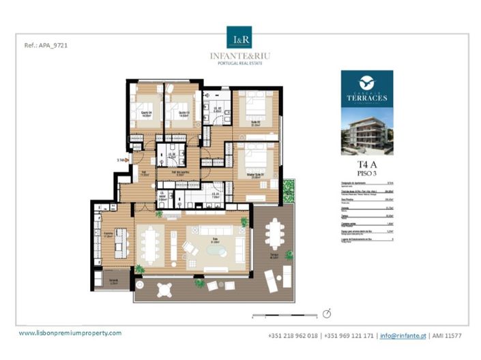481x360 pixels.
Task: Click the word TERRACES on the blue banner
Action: (368, 97)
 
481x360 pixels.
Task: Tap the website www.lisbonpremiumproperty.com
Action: (70, 333)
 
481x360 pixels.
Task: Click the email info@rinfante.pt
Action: (404, 335)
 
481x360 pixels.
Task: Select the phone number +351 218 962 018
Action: (293, 335)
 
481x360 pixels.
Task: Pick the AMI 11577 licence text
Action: (448, 335)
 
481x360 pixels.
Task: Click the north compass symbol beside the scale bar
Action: (327, 313)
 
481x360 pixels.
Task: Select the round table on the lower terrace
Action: (164, 289)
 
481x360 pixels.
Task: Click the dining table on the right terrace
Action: (275, 233)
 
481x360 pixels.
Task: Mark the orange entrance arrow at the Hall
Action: (126, 160)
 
